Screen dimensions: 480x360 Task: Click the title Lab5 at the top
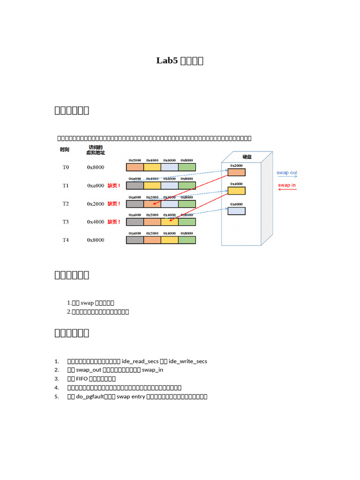point(167,60)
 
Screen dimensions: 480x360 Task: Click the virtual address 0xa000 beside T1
point(95,186)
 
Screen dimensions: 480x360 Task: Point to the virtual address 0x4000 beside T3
point(95,222)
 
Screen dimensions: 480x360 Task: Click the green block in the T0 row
point(187,167)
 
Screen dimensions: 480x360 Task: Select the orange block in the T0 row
point(135,167)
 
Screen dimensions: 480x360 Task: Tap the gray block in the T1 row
point(135,186)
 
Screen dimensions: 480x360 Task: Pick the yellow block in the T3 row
point(170,222)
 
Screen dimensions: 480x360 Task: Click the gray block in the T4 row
point(135,240)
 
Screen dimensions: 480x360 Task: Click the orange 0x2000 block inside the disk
point(237,172)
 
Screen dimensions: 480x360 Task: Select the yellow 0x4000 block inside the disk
point(237,191)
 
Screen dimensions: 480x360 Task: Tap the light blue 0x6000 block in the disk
point(237,211)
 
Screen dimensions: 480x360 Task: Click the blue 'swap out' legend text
point(287,173)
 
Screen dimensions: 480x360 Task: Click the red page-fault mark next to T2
point(114,204)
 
